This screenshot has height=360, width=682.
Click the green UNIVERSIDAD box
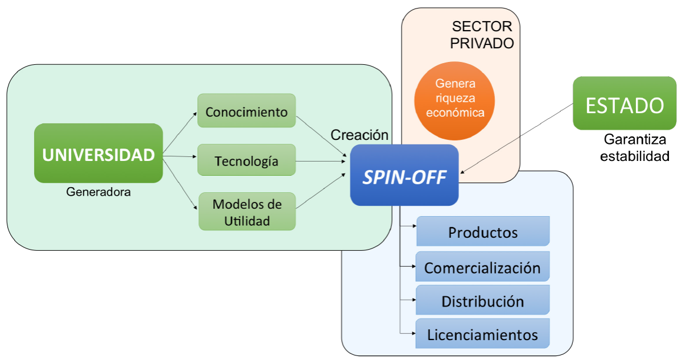click(98, 154)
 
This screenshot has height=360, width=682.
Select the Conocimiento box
click(246, 111)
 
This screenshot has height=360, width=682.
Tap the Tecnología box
click(246, 160)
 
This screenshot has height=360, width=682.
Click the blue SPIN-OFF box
click(404, 175)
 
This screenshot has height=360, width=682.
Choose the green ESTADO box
click(624, 104)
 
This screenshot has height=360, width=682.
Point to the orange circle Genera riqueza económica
click(454, 98)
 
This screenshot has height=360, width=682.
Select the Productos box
click(483, 231)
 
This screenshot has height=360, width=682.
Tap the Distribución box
click(483, 300)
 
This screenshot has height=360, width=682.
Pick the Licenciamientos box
click(483, 334)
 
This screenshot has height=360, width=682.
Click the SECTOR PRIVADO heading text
click(482, 35)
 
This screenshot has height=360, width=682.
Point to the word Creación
click(359, 135)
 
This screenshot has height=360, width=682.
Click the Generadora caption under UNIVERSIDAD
click(98, 192)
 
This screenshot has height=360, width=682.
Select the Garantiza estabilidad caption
click(635, 148)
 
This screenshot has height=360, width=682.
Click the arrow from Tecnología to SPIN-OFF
click(323, 161)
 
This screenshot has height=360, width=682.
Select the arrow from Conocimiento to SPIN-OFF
click(323, 135)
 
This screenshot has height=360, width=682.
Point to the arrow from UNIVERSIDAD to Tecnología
click(180, 156)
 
